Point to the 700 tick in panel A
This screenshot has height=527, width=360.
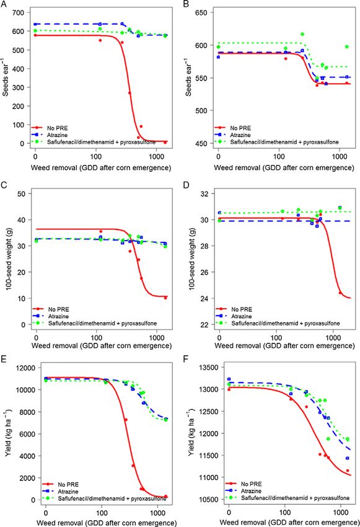pos(18,13)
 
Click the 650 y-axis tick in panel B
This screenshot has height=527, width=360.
pos(201,13)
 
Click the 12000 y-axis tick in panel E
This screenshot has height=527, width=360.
pos(25,368)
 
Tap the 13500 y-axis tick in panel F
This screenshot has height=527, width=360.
pos(209,368)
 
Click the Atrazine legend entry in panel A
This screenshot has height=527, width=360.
pos(57,135)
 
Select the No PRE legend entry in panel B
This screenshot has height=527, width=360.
pos(240,128)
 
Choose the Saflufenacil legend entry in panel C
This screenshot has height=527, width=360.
pos(102,323)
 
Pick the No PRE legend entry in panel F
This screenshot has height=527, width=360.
pos(251,484)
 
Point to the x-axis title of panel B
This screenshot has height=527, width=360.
pos(284,168)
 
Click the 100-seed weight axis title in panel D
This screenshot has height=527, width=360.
pos(191,259)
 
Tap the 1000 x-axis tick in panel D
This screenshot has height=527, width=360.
pos(333,337)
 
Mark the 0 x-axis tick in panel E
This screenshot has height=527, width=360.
pos(46,513)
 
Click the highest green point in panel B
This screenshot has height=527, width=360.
pos(302,34)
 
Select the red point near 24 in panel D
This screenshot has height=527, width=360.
pos(340,293)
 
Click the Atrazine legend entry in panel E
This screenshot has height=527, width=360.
pos(68,492)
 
